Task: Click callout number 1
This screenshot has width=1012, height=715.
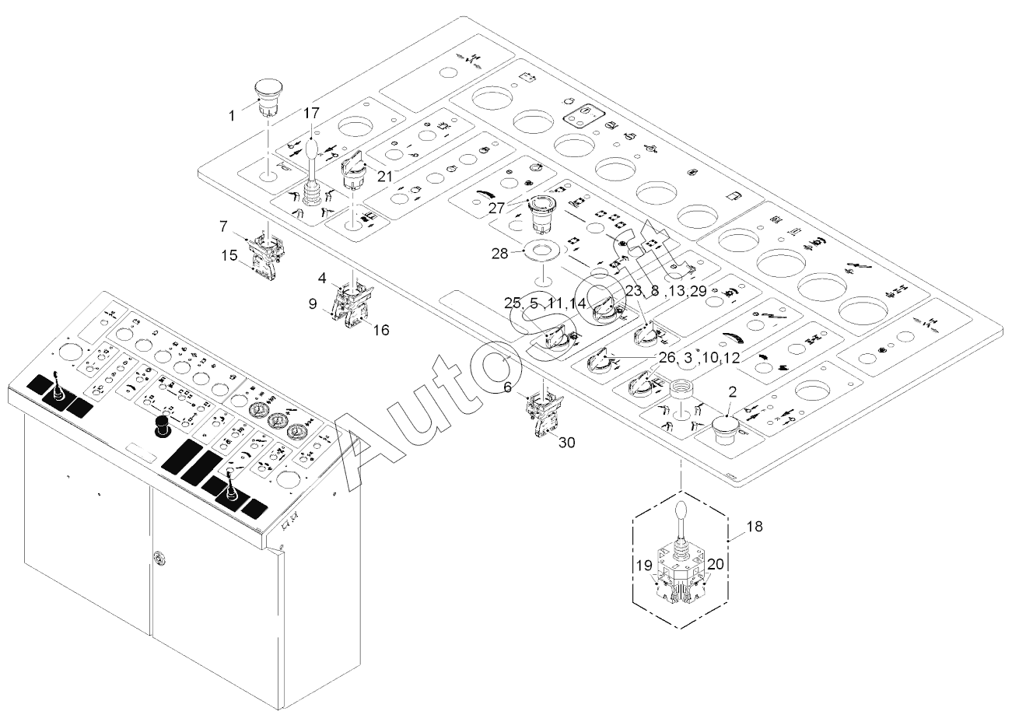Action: [x=233, y=116]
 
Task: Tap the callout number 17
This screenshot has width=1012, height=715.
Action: [x=312, y=113]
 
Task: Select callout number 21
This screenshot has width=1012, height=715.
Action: [x=385, y=177]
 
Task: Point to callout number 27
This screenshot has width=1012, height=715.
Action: [x=496, y=208]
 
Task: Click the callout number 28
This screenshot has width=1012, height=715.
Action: [x=500, y=254]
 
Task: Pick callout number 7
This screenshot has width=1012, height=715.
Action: [x=223, y=226]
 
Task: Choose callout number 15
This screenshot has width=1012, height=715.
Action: [x=229, y=255]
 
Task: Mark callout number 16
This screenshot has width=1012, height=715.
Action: [x=381, y=331]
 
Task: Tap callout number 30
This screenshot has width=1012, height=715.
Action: [x=566, y=443]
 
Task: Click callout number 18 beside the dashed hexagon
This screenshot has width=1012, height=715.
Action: [x=755, y=527]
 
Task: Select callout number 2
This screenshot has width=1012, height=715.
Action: [x=732, y=392]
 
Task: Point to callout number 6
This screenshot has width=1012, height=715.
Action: [x=508, y=387]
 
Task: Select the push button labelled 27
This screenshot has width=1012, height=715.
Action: [x=541, y=213]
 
